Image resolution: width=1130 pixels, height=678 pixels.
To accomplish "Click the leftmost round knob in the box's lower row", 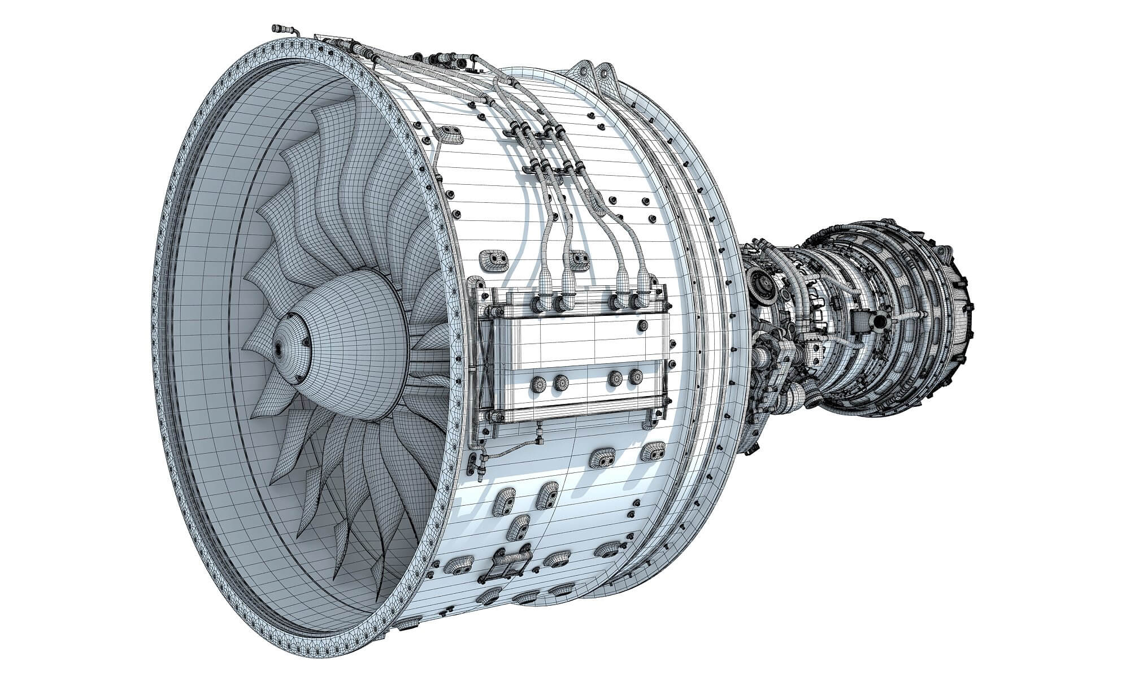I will point(538,384).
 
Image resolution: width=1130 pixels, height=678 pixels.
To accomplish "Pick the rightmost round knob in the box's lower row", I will point(636,377).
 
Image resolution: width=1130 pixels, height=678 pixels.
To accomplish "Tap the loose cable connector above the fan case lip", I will point(281,28).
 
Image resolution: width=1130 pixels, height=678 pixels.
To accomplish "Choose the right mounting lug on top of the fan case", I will point(606,72).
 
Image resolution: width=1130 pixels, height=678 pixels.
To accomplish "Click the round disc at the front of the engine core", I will point(761,280).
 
